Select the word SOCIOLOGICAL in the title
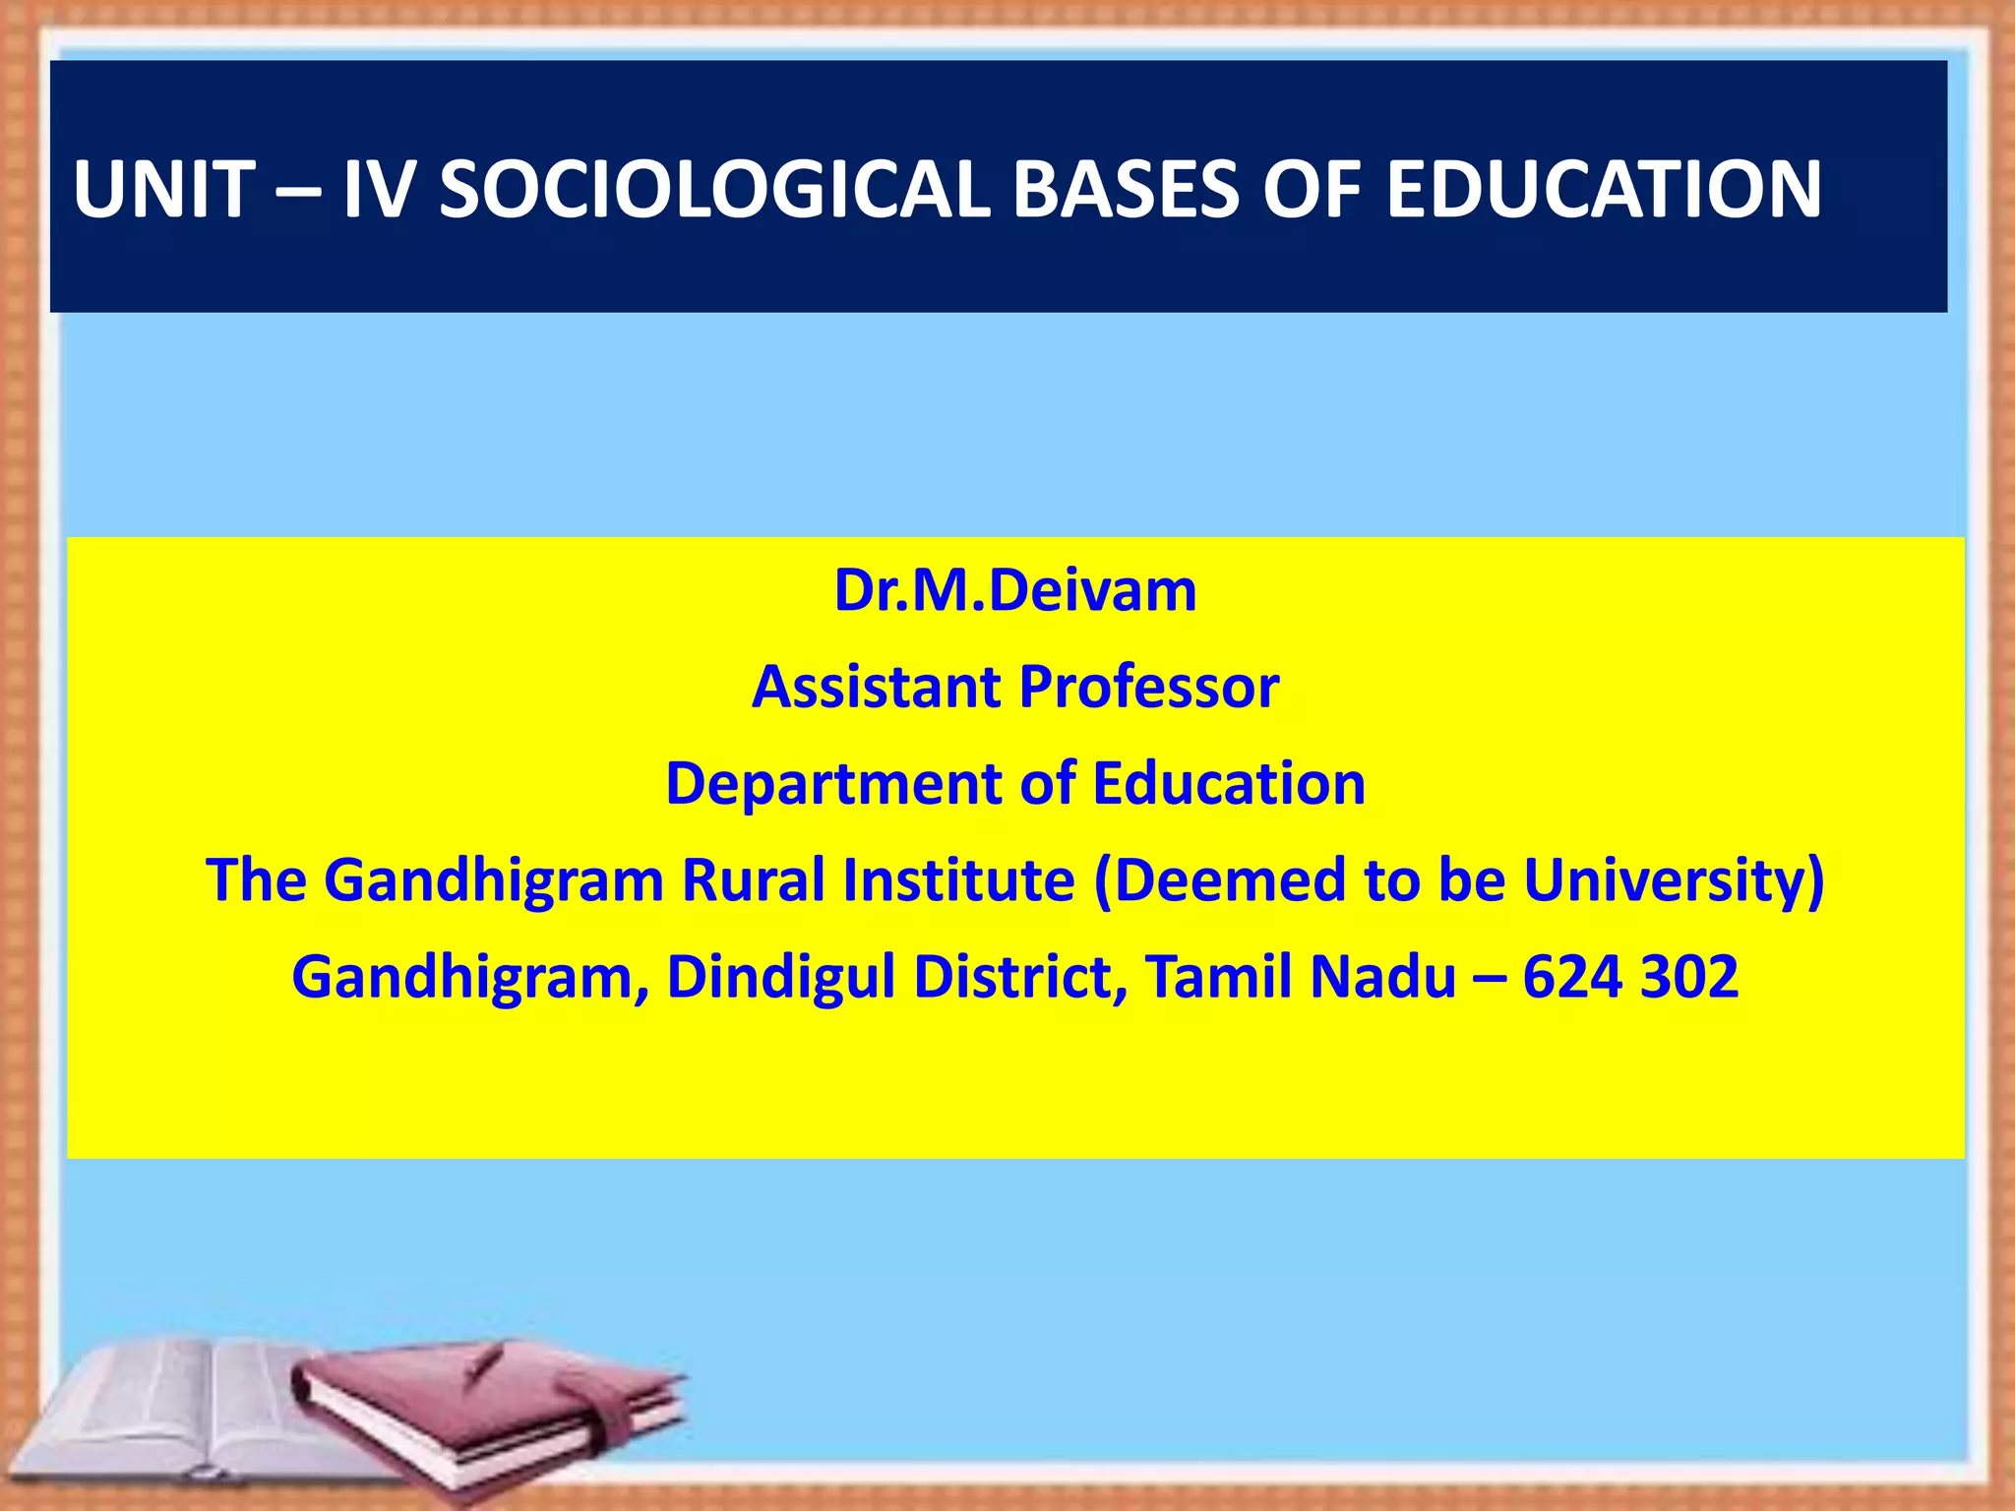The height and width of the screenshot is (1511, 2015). [713, 189]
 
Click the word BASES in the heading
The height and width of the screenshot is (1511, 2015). [1125, 189]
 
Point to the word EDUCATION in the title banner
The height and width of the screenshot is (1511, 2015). [1603, 189]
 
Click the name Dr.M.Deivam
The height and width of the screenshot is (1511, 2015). [1014, 591]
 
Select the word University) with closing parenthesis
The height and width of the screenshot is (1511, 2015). [1674, 879]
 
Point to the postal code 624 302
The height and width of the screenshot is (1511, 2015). [1630, 977]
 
